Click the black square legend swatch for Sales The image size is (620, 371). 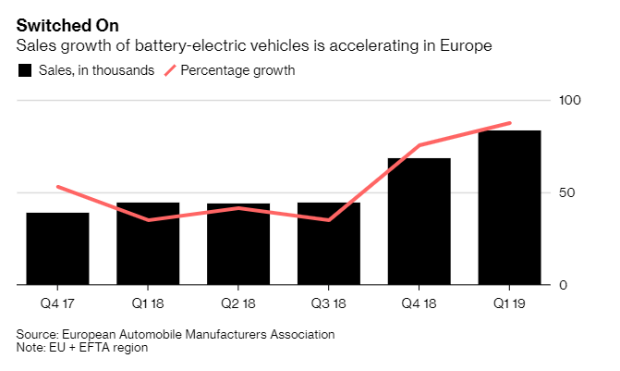click(25, 70)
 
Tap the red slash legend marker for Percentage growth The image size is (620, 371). click(170, 70)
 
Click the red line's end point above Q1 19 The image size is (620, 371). click(510, 123)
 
